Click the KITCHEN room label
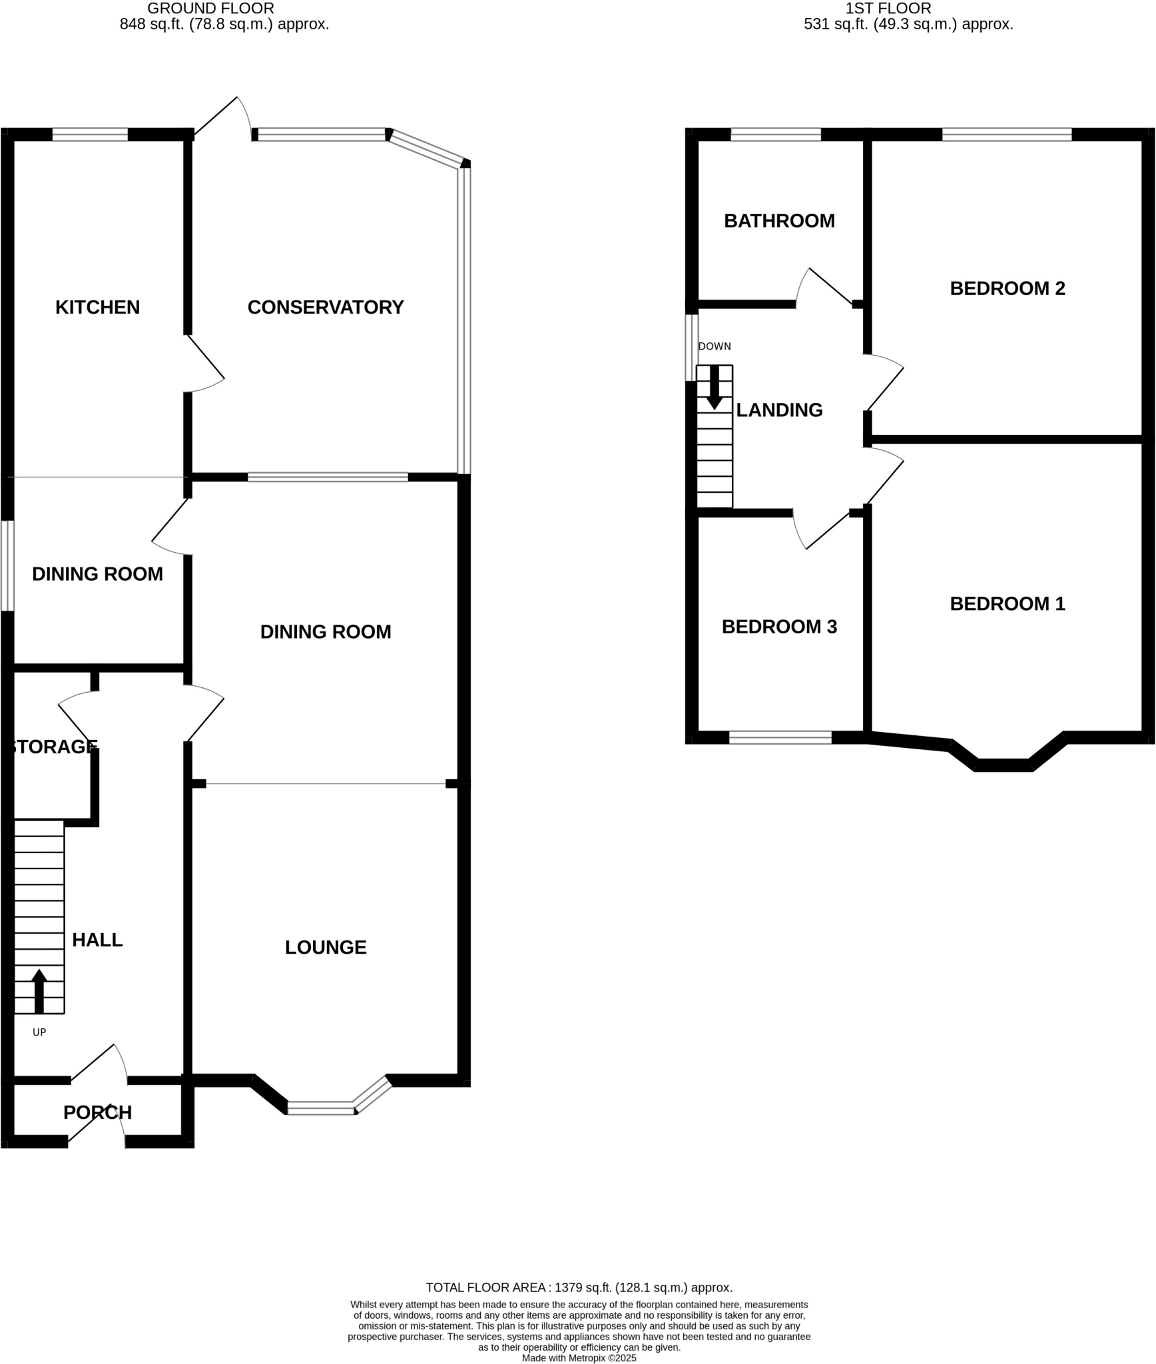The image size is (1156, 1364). [x=97, y=307]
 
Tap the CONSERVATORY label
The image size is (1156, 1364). [x=326, y=307]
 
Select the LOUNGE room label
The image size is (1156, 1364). [x=326, y=947]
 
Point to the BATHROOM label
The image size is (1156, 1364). [x=779, y=220]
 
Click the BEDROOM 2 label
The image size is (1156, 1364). [x=1007, y=288]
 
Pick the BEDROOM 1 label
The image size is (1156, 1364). [x=1007, y=603]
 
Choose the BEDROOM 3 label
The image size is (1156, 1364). [x=779, y=627]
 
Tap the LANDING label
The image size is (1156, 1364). [x=779, y=410]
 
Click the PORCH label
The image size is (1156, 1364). [x=97, y=1112]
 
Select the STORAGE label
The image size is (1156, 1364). [x=53, y=747]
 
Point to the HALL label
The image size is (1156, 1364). [x=97, y=940]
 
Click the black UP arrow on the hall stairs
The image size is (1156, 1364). [x=39, y=990]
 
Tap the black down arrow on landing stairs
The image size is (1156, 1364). [x=715, y=387]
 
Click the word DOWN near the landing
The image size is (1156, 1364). [x=715, y=346]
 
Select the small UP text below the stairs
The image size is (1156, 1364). [x=39, y=1032]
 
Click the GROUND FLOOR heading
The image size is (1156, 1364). [x=210, y=9]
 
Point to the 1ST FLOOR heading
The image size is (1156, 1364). [x=888, y=9]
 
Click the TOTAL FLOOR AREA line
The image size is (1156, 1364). [x=579, y=1287]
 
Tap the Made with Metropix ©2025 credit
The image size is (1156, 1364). [x=579, y=1358]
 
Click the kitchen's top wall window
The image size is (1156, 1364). [x=90, y=135]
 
